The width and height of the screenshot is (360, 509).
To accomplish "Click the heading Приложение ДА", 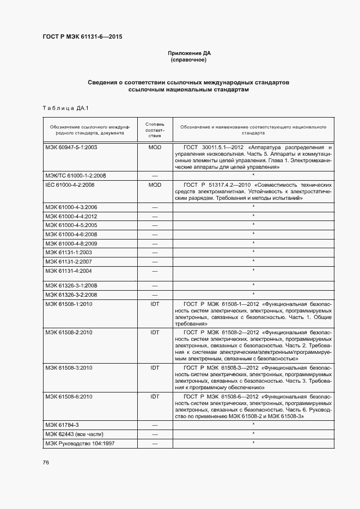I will [189, 53].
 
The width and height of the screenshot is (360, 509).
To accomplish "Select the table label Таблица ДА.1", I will [65, 108].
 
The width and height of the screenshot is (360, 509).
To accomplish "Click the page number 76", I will [46, 462].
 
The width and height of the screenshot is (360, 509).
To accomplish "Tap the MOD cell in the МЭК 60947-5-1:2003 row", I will [155, 148].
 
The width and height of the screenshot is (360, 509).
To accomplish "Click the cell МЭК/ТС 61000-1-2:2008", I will [75, 176].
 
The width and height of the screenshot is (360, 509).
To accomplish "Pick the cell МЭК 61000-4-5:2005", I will [71, 225].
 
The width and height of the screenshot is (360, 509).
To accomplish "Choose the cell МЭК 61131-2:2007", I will [69, 261].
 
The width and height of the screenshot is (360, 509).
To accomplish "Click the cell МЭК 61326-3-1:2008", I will [71, 285].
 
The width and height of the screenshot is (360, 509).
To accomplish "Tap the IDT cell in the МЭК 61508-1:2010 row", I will [155, 304].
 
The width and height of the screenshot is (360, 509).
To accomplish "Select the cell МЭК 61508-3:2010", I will [69, 368].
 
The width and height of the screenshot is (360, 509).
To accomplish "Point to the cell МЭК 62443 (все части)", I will [74, 434].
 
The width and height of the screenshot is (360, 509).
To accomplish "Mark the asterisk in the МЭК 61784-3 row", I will [253, 424].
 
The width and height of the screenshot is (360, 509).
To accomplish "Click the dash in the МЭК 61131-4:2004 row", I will [155, 271].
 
